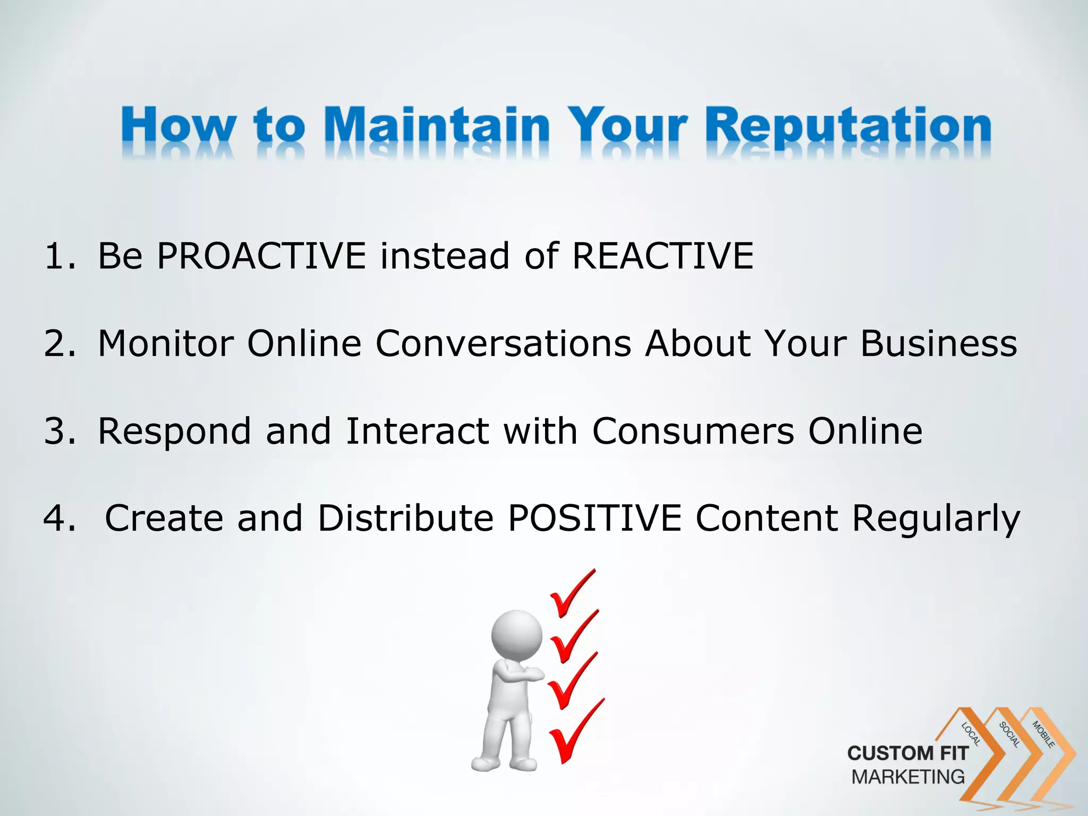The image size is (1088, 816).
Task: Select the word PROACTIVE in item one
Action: (261, 256)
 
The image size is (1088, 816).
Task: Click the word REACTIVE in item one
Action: (662, 256)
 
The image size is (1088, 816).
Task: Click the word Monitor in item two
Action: (166, 343)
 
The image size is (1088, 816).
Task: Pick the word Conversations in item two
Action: (503, 343)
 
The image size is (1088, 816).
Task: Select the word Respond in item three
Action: (174, 431)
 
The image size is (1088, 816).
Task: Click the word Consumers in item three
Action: (693, 430)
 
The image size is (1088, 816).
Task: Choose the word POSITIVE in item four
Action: (594, 518)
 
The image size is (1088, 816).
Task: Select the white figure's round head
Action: (516, 635)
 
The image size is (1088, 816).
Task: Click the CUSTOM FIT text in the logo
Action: (907, 753)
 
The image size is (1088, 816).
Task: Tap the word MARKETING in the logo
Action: (907, 777)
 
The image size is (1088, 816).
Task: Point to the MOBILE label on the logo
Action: (1043, 734)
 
